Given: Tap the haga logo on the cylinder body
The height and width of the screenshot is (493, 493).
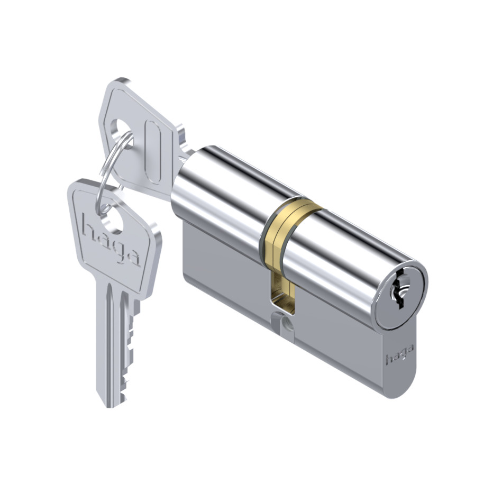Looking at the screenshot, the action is pos(399,354).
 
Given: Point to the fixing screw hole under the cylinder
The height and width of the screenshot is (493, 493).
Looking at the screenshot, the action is pos(286,324).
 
